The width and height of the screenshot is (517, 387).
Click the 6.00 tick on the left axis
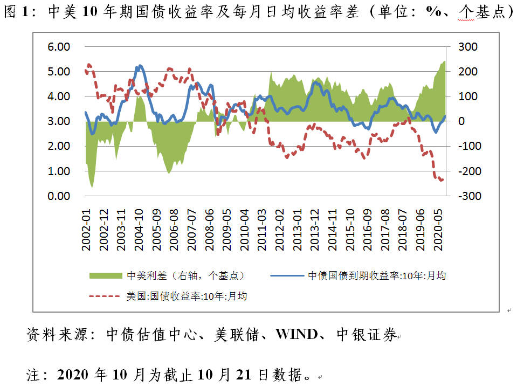click(59, 47)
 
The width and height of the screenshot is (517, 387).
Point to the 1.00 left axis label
click(59, 171)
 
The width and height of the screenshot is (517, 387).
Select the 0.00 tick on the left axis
click(59, 196)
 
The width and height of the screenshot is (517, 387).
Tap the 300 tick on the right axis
click(467, 47)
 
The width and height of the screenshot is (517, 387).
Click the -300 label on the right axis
click(467, 196)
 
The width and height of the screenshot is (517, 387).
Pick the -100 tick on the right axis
click(467, 146)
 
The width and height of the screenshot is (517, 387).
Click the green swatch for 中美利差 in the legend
click(106, 275)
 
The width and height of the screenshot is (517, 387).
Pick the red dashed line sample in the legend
click(106, 296)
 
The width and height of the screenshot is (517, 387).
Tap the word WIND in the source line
click(296, 335)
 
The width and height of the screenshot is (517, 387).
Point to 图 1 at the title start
click(16, 12)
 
